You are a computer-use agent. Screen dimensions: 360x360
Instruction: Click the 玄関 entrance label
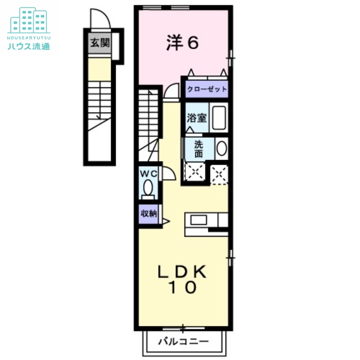coord(99,43)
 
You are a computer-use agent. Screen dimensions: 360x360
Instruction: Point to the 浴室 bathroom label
coord(197,118)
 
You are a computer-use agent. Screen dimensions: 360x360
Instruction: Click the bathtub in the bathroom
coord(219,118)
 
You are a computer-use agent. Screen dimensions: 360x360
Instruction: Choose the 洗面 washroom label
coord(198,149)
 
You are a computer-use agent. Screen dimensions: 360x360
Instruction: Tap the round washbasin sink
coord(221,149)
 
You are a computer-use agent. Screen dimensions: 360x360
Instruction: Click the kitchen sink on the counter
coord(198,220)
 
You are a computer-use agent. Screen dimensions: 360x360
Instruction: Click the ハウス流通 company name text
coord(28,45)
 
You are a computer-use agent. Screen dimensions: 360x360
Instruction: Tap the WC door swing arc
coord(168,173)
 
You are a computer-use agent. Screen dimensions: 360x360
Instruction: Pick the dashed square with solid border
coord(195,172)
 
